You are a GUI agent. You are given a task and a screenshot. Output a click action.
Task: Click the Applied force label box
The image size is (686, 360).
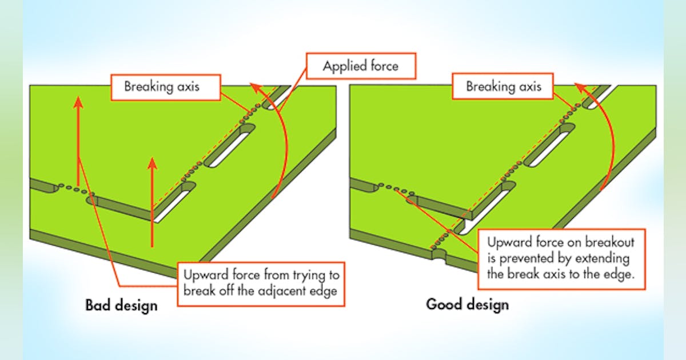360,66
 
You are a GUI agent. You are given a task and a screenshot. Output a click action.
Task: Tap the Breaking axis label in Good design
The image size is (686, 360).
503,87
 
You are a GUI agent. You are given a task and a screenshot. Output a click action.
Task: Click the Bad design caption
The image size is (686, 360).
121,305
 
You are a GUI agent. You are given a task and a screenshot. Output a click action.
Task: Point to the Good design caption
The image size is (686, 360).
467,303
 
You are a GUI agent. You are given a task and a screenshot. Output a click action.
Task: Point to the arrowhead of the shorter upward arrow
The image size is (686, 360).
152,163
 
